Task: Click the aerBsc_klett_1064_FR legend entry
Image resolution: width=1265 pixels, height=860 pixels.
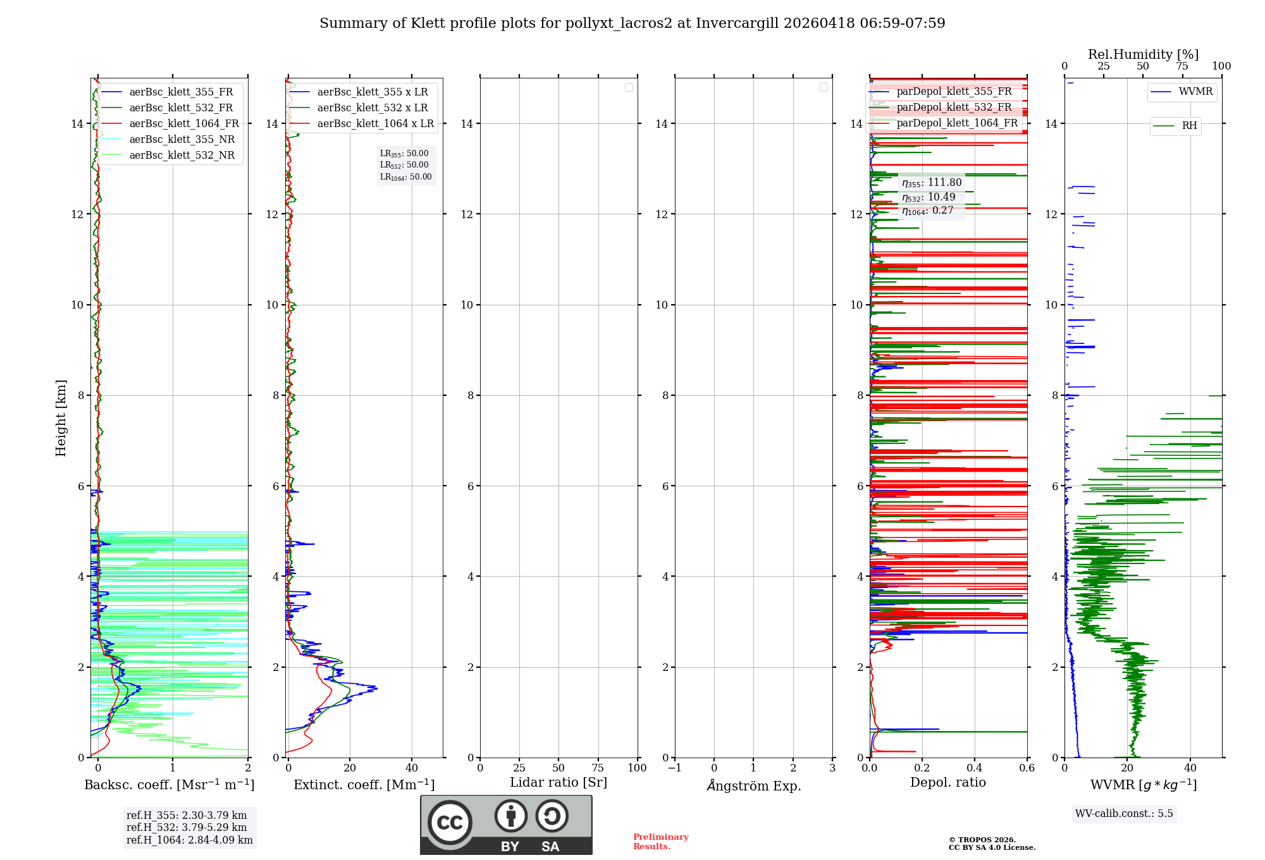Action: [x=184, y=124]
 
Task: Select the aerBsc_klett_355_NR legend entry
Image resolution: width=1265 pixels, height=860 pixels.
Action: [x=182, y=140]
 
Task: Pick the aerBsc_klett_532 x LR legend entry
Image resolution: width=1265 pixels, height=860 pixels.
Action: [x=372, y=108]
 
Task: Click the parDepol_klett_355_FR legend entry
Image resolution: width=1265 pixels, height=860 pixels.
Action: [x=954, y=92]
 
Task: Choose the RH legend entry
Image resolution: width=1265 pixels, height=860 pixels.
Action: [x=1189, y=126]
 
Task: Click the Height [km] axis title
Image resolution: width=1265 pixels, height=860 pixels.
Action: [x=61, y=418]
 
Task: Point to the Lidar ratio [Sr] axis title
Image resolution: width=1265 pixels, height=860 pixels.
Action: [x=558, y=783]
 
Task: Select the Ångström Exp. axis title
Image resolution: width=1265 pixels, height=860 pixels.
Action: [x=753, y=786]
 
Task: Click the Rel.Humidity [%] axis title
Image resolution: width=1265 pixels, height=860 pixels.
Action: [x=1143, y=54]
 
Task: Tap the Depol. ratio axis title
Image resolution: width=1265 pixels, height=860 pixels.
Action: [x=947, y=783]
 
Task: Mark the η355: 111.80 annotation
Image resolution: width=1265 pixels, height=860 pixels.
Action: [x=932, y=183]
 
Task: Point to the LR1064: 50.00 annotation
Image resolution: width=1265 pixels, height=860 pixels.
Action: [x=405, y=177]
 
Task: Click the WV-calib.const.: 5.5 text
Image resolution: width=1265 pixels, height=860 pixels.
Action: [x=1124, y=814]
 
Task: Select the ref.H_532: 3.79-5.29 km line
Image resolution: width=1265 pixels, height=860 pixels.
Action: [x=187, y=828]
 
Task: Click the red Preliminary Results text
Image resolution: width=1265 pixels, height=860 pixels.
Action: [x=660, y=842]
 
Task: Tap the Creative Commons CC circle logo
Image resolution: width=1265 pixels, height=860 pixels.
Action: [x=450, y=823]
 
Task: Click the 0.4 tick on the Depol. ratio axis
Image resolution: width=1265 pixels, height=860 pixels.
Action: [x=975, y=768]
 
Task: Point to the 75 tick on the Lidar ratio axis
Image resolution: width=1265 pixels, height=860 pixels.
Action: [x=598, y=768]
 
